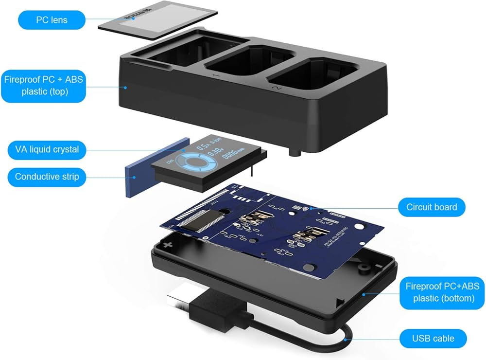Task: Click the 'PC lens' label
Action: tap(52, 20)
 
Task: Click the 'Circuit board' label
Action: tap(432, 207)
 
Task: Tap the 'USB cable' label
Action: tap(433, 338)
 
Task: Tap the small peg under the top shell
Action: tap(294, 153)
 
